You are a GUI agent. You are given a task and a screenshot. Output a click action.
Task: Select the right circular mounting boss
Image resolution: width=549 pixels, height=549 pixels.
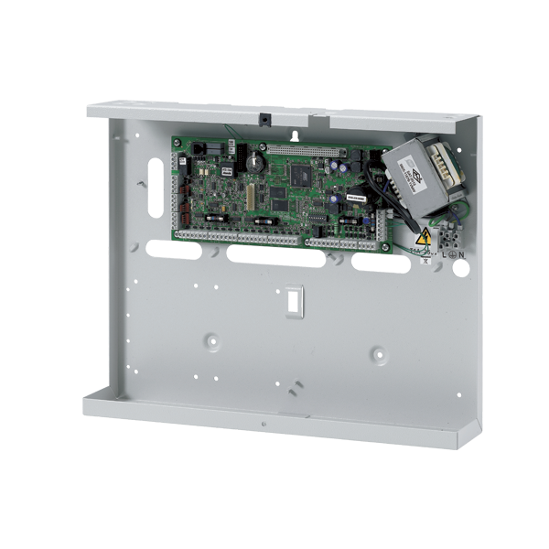375,350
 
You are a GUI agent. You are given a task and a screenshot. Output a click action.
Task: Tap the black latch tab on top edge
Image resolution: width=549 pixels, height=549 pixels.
263,119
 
